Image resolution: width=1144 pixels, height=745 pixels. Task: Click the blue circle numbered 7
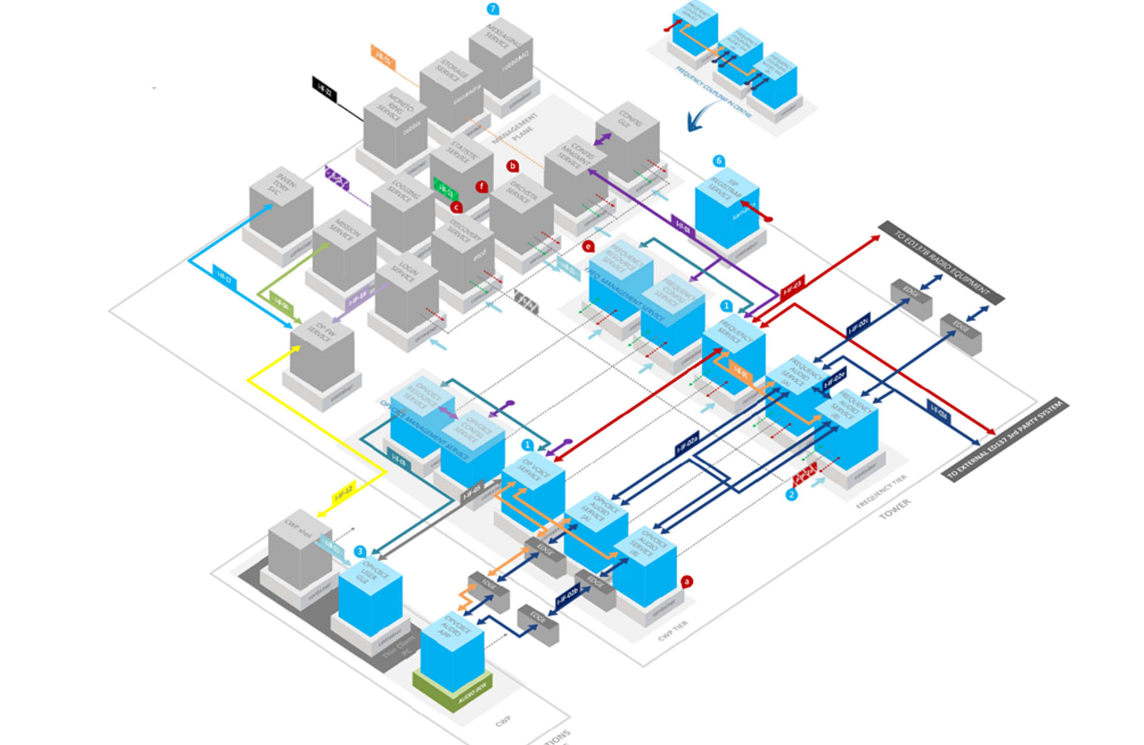point(492,9)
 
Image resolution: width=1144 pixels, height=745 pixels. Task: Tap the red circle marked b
point(513,166)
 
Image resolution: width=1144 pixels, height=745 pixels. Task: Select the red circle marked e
point(587,246)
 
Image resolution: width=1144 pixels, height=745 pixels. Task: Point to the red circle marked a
point(686,581)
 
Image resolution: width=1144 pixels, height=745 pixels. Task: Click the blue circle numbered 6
point(719,161)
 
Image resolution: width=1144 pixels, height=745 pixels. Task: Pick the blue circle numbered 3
point(360,551)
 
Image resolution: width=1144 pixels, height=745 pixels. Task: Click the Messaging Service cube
point(501,60)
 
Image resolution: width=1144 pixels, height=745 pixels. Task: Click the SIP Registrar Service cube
point(727,209)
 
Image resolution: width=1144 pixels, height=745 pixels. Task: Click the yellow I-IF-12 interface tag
point(344,492)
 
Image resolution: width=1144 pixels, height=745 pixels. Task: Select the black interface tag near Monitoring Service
point(324,89)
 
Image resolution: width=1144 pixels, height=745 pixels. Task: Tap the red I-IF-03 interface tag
point(792,288)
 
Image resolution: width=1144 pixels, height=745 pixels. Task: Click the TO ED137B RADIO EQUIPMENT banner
point(941,262)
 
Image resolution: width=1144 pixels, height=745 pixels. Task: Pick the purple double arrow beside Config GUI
point(603,139)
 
